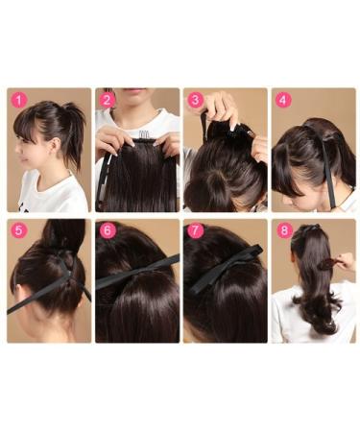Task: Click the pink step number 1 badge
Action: coord(19,100)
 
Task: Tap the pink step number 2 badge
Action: coord(107,100)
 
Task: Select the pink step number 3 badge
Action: coord(195,100)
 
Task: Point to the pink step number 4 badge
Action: coord(283,100)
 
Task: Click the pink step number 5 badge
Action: coord(19,230)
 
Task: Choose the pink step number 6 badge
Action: coord(108,230)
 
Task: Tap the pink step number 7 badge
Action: coord(196,230)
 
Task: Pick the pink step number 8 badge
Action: coord(284,230)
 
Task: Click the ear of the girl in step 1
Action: coord(56,146)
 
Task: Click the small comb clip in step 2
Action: coord(143,134)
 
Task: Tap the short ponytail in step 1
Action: coord(74,128)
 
